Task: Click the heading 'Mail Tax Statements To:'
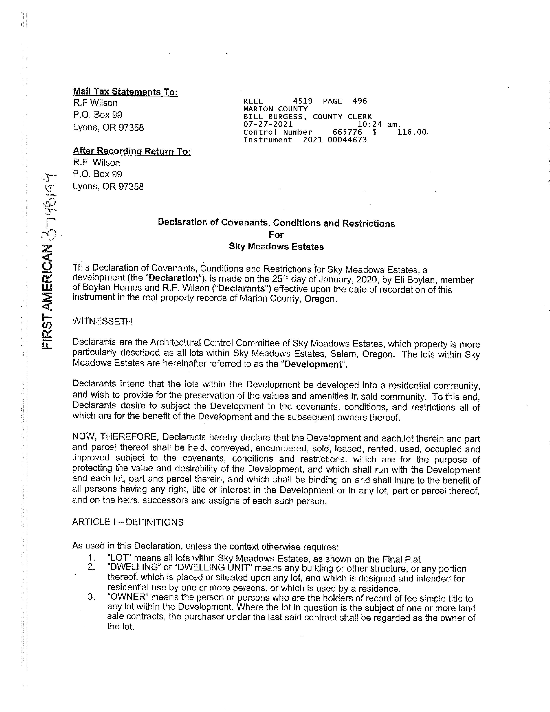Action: click(x=126, y=92)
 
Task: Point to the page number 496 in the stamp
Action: click(x=360, y=101)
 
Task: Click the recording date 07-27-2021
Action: click(x=268, y=124)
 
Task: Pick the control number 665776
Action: click(x=347, y=132)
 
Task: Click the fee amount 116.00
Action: click(x=412, y=132)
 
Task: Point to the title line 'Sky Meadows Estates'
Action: click(x=276, y=247)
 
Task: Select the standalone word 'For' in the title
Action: click(x=276, y=235)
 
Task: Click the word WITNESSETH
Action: click(x=102, y=321)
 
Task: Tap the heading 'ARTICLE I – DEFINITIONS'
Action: click(x=128, y=522)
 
